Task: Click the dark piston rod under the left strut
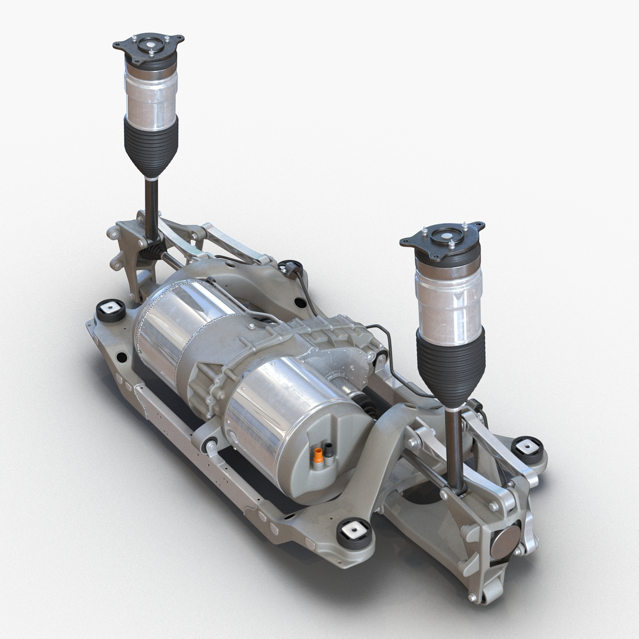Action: click(x=151, y=205)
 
